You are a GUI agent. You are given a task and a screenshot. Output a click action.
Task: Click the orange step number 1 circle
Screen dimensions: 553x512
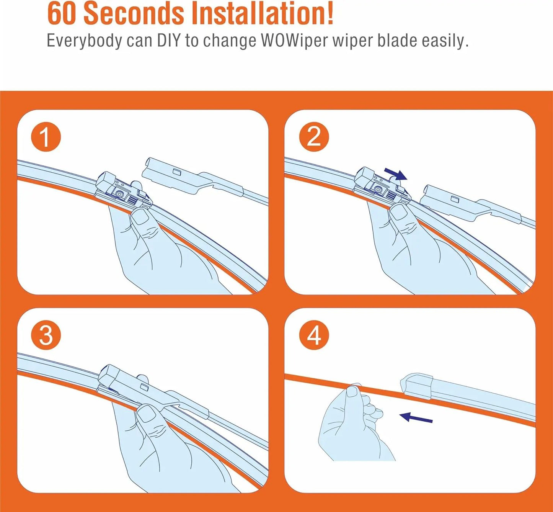(46, 137)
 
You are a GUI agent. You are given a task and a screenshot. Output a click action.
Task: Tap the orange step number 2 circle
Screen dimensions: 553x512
(314, 137)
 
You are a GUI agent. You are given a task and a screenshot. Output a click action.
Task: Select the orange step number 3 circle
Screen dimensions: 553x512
(46, 335)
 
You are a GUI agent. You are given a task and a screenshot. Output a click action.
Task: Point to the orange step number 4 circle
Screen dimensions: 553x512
(314, 335)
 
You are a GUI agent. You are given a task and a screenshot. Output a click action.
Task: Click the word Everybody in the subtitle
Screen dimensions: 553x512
(84, 41)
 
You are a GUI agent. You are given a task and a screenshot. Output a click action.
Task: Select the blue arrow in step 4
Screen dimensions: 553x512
(416, 417)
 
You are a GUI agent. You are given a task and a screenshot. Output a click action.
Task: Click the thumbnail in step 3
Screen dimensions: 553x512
(147, 414)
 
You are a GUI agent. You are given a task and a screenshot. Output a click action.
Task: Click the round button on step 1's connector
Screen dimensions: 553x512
(120, 194)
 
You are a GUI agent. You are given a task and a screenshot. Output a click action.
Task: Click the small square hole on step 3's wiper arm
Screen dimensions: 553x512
(144, 386)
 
